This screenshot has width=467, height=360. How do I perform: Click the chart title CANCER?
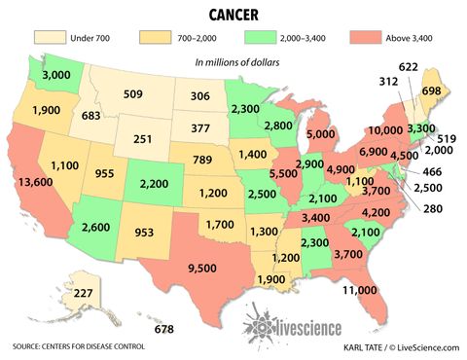click(233, 14)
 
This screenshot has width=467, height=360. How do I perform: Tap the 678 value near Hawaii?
click(164, 329)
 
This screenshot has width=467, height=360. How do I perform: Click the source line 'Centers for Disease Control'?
click(78, 345)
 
